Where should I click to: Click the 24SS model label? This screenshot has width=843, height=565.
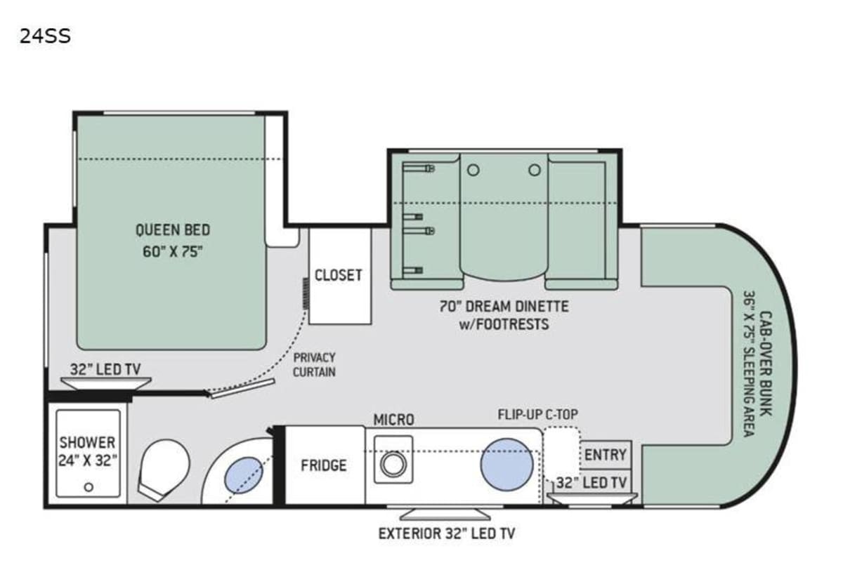pos(45,36)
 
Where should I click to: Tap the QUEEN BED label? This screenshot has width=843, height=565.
pos(173,230)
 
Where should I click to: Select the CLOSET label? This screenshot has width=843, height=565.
pos(339,276)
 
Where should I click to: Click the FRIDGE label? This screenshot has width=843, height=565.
pos(324,465)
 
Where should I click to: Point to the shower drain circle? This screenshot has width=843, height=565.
pos(89,487)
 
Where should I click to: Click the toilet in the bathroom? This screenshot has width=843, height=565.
pos(164,470)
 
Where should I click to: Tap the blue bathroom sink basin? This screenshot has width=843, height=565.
pos(244,475)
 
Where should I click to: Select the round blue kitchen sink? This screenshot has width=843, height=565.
pos(507,465)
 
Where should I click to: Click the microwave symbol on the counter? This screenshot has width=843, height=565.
pos(393,459)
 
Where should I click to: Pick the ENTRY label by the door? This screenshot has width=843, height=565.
pos(605,455)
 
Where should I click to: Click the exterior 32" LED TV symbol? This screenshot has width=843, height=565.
pos(445,514)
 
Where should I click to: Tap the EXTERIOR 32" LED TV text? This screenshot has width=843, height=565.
pos(447,534)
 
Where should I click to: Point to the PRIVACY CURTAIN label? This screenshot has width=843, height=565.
pos(314,365)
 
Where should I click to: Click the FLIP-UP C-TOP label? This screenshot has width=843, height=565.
pos(538,415)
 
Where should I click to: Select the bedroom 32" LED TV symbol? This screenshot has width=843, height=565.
pos(106,384)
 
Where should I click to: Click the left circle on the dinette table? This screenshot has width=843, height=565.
pos(473,171)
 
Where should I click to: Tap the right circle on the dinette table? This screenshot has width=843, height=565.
pos(535,171)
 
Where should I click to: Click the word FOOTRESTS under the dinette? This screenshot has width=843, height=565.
pos(513,324)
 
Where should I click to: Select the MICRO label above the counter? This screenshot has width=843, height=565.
pos(393,420)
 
